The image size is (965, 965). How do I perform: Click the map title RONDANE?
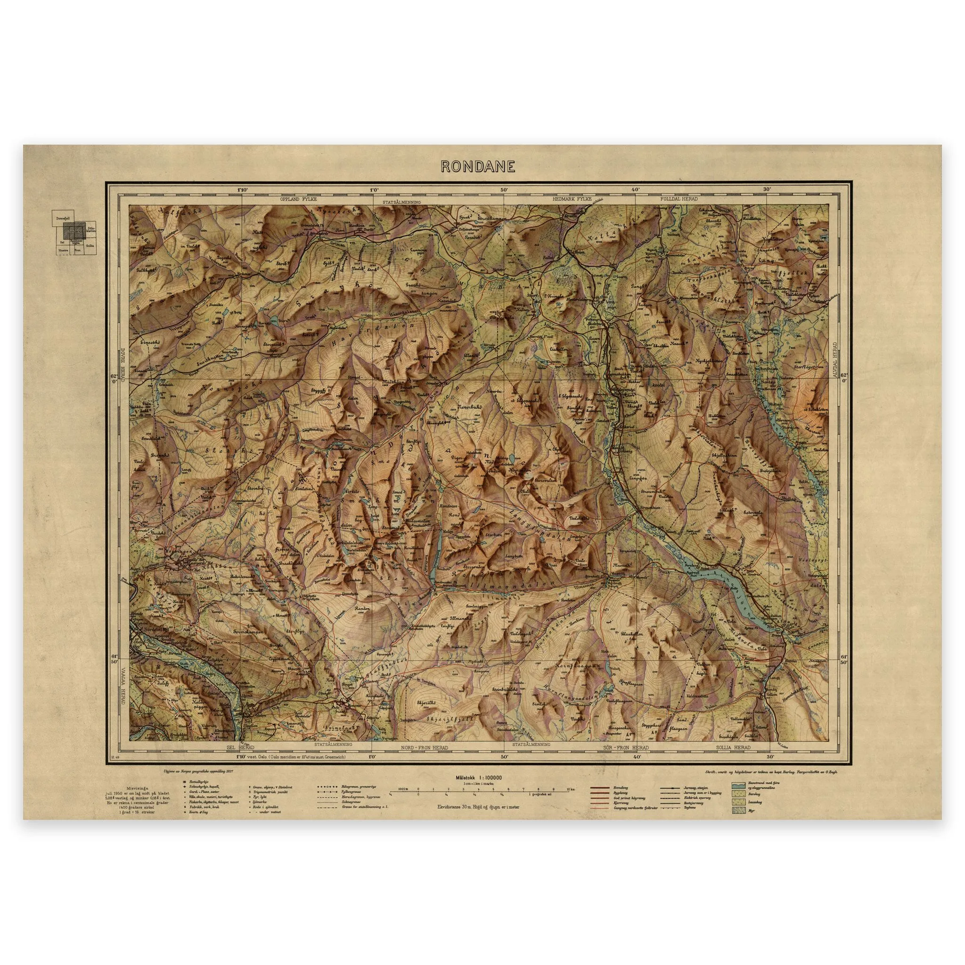(477, 167)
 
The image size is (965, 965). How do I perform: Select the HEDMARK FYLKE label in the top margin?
(572, 199)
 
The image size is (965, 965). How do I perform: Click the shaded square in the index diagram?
(74, 230)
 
